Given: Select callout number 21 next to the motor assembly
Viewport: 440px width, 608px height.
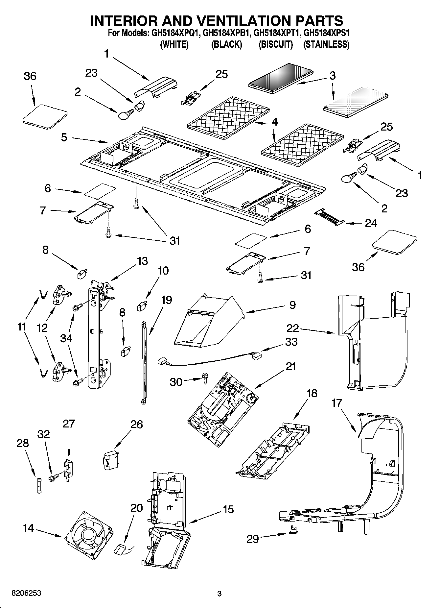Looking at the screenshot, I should coord(290,366).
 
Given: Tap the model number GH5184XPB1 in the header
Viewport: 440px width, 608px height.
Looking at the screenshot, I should coord(226,33).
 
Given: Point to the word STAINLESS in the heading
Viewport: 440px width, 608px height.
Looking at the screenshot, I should coord(326,44).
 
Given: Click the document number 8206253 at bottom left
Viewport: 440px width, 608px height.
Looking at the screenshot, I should coord(26,593).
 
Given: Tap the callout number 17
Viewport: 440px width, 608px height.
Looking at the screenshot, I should coord(336,403).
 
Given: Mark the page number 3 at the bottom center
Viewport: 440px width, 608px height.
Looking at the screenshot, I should coord(220,593).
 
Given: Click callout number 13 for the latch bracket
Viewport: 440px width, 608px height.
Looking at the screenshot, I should coord(142,261).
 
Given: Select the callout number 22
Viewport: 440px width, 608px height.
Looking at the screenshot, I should coord(292,328).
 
